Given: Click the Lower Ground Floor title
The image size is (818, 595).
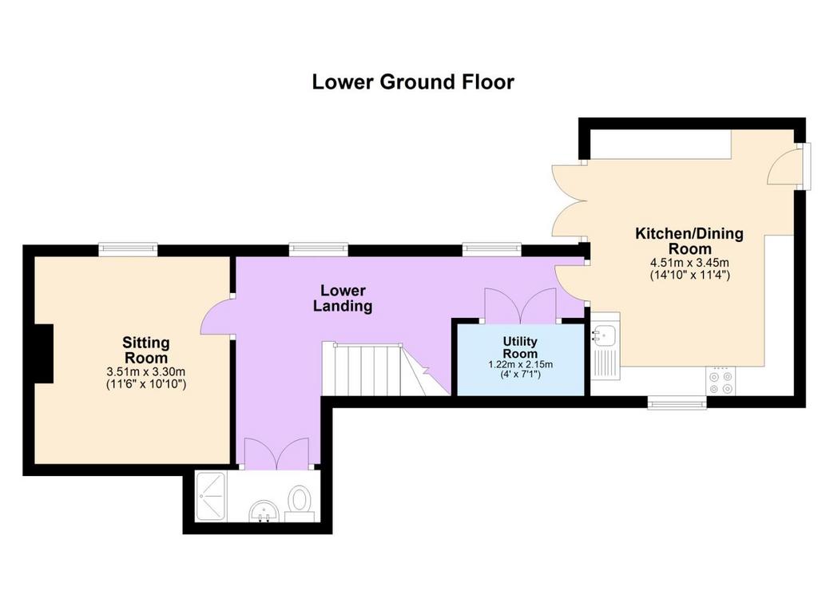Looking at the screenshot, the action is point(413,82).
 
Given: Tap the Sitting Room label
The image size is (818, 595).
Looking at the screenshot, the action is point(146,350).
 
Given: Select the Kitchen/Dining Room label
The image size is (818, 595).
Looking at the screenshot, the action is point(689,240).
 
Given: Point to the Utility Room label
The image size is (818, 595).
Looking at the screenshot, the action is point(520,347).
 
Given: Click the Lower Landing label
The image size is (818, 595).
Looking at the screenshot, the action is point(343,298).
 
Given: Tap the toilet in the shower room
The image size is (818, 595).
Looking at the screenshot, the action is point(300,502).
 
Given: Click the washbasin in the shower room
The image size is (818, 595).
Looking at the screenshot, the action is point(264,511).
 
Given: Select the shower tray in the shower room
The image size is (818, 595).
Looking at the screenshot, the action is point(210,496).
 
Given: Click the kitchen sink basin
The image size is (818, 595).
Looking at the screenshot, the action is point(606,334).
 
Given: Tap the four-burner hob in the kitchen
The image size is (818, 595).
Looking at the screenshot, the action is point(721,381).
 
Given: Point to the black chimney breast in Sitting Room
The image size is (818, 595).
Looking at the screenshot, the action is point(44,354).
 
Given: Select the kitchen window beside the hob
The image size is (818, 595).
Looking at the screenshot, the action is point(677,403).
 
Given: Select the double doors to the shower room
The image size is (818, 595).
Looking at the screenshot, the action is point(276,451).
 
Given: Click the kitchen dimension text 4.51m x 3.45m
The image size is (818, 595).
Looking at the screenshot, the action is point(689,263).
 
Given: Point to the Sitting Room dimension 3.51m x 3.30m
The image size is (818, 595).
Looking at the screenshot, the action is point(146,372).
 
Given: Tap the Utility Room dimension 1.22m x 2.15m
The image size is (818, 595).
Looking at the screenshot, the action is point(520,364).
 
